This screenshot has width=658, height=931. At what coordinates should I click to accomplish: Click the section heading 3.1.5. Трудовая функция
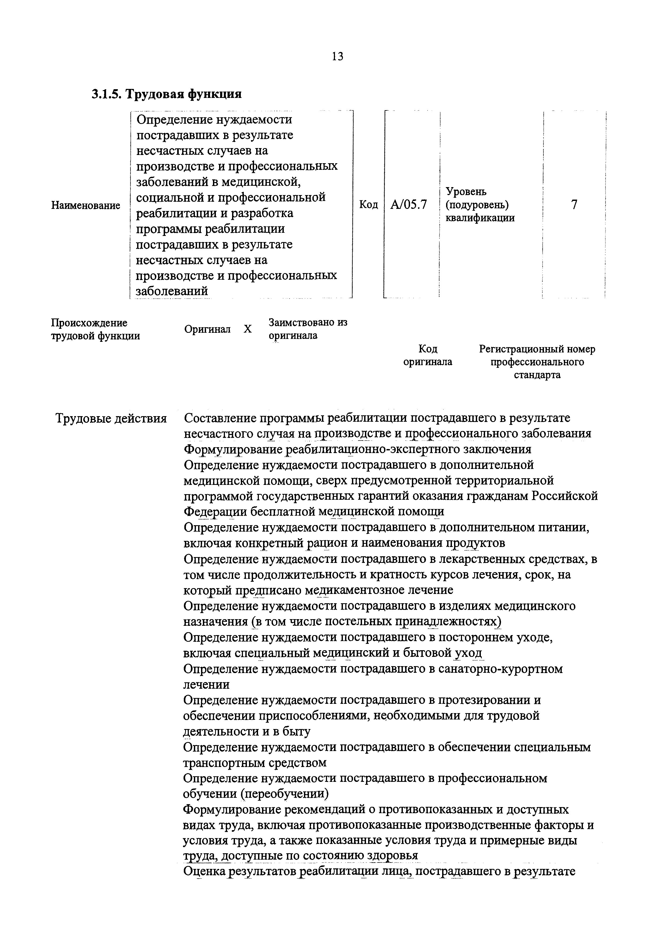tap(167, 94)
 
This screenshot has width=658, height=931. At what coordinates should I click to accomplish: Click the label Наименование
tap(85, 206)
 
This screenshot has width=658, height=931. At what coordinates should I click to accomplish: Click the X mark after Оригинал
tap(247, 329)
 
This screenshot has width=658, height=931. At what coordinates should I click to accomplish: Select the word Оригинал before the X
tap(207, 329)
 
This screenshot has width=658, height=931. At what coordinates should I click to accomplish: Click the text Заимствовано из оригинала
tap(308, 329)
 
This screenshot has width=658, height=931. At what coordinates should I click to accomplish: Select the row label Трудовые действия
tap(111, 418)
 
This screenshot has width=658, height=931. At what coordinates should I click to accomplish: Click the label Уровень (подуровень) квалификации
tap(480, 205)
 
